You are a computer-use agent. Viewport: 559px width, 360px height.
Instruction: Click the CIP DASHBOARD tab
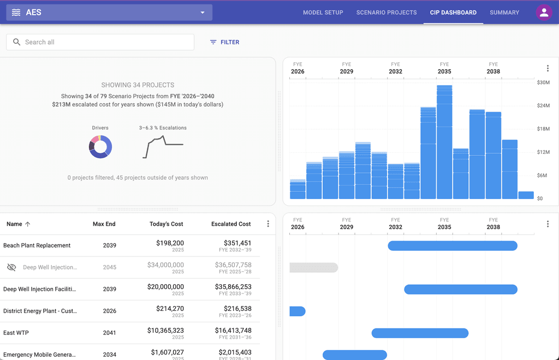(453, 13)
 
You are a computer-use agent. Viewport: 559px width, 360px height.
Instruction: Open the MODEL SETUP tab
(323, 13)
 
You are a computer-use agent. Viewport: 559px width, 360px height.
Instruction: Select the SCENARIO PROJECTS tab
(386, 13)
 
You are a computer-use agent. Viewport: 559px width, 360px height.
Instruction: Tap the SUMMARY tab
(504, 13)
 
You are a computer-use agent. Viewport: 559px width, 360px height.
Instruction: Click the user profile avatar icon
(544, 13)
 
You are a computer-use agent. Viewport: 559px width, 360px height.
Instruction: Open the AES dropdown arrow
(203, 13)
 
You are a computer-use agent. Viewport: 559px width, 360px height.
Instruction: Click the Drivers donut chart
(100, 147)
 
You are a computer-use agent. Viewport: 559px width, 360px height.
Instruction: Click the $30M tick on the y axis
(543, 82)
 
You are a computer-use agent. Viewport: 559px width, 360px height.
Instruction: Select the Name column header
(15, 224)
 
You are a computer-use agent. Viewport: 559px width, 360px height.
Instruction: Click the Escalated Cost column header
(231, 224)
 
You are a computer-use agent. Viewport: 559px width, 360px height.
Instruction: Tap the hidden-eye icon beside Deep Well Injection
(11, 267)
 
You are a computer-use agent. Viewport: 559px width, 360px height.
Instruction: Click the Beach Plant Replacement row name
(37, 245)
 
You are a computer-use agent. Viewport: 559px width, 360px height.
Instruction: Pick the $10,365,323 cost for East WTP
(165, 330)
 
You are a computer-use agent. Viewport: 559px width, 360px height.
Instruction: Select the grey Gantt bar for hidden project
(314, 267)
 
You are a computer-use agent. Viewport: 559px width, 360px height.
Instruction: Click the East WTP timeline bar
(420, 333)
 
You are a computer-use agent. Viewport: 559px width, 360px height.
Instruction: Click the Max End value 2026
(110, 311)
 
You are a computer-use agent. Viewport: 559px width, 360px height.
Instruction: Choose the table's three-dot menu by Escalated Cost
(268, 224)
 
